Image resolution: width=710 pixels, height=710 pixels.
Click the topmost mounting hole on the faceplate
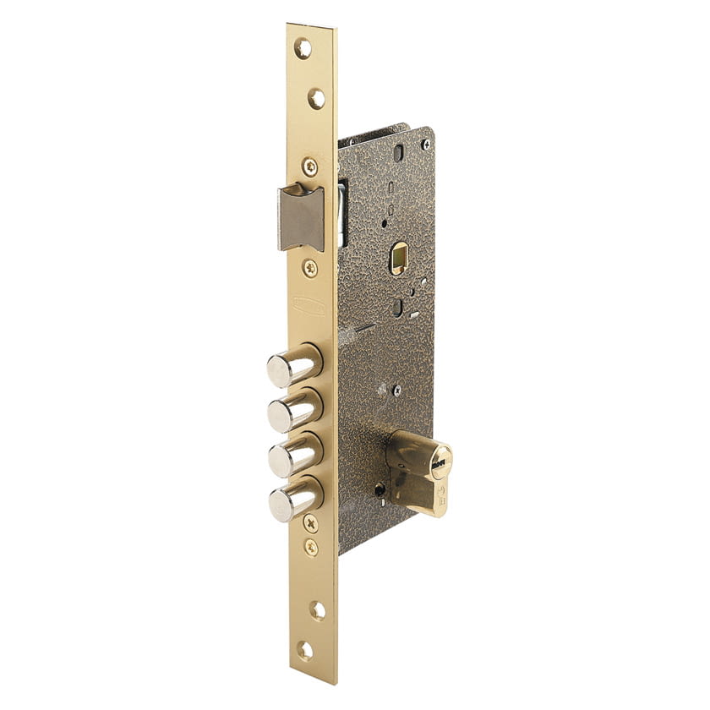303,48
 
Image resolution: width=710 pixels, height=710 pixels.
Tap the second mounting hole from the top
315,98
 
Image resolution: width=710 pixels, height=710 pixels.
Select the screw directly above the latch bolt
310,167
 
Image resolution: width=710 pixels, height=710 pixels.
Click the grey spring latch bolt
301,217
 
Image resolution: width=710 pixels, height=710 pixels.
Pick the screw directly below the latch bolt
311,268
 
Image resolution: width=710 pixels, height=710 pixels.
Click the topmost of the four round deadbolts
292,366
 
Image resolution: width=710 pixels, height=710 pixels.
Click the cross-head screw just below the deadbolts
310,523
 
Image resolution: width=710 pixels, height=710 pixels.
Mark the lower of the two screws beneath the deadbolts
311,547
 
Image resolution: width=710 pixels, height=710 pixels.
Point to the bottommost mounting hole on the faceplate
305,650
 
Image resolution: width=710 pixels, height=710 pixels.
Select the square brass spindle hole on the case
398,258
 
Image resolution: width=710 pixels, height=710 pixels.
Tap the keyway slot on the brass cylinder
439,463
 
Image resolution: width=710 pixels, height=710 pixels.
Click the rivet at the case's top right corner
426,145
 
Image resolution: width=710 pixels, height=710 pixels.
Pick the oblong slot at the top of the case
398,153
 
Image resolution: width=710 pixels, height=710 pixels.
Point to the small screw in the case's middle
396,390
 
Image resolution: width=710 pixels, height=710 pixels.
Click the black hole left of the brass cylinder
380,490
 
